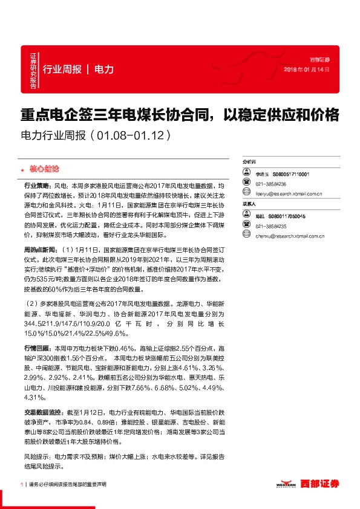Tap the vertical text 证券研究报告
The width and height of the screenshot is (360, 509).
click(x=33, y=71)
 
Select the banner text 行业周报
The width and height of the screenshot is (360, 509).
click(x=63, y=70)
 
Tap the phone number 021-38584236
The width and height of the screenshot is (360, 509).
click(x=270, y=184)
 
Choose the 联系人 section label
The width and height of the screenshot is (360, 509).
click(x=249, y=205)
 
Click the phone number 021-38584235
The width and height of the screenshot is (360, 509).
click(x=270, y=226)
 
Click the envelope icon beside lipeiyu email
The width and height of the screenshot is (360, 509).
click(x=246, y=194)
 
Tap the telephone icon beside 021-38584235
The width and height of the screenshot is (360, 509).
click(x=246, y=226)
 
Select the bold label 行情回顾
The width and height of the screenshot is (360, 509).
click(x=38, y=349)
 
